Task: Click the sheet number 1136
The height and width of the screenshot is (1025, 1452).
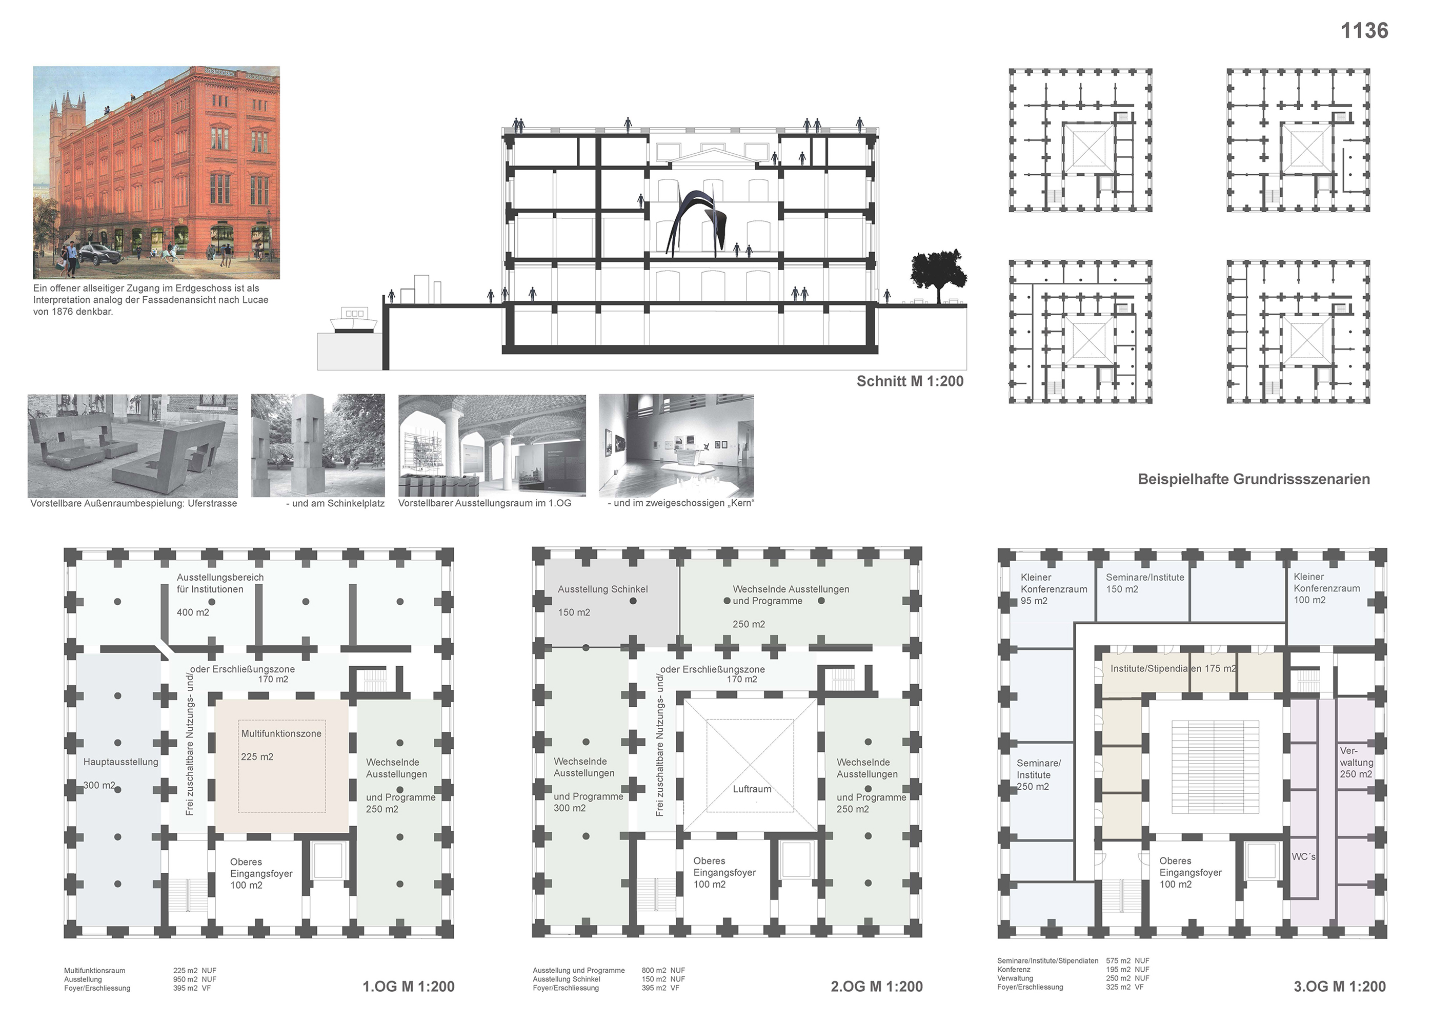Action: (1364, 30)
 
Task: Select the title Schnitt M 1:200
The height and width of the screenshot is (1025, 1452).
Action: (910, 381)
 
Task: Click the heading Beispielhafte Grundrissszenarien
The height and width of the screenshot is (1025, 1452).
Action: (1254, 479)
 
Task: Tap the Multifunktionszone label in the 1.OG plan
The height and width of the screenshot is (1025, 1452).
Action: (281, 734)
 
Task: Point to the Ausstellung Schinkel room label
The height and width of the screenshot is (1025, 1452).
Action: (602, 589)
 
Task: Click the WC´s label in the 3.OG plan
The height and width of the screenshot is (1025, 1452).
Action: (1303, 857)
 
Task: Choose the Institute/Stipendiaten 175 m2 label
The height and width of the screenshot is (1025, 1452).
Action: (1173, 668)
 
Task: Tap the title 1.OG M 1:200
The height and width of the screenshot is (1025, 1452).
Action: (408, 987)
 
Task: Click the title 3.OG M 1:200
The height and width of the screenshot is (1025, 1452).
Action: (1339, 987)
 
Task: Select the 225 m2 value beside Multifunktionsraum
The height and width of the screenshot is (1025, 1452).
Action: (185, 971)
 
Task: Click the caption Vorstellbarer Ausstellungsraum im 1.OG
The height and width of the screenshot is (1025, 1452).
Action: (485, 503)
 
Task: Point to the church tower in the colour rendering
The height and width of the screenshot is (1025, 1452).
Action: (70, 114)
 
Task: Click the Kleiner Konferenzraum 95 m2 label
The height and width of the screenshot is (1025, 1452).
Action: (1054, 589)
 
